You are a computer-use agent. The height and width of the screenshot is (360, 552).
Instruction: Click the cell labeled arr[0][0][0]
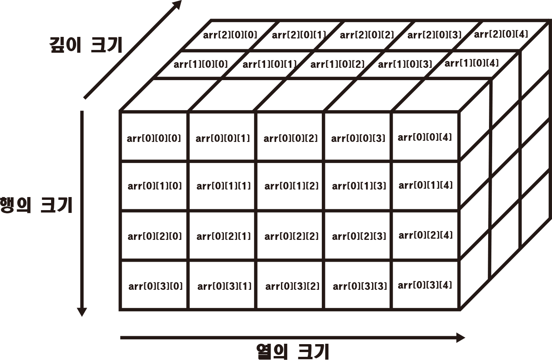tap(154, 138)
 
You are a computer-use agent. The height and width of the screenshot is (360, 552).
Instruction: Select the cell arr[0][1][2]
tap(291, 186)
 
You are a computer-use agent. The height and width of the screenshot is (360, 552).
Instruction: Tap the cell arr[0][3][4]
tap(425, 285)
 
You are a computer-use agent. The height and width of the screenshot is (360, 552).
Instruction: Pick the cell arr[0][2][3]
tap(359, 236)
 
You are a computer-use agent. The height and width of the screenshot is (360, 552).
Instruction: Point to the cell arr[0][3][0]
tap(155, 286)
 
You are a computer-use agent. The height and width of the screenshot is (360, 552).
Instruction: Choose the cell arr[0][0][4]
tap(425, 137)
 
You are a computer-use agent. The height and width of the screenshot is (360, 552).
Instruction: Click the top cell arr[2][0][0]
tap(230, 35)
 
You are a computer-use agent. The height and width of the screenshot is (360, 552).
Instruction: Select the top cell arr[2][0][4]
tap(501, 34)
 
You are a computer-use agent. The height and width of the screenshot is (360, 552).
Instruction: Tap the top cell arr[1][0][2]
tap(337, 64)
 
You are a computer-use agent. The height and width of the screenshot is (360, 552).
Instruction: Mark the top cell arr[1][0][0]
tap(201, 64)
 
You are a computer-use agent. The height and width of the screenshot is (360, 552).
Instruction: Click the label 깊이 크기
tap(86, 45)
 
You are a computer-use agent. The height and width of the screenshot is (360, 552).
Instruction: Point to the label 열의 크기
tap(292, 351)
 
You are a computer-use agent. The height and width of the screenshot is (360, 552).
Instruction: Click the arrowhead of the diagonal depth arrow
tap(177, 5)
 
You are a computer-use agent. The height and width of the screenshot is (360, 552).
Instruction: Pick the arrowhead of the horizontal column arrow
tap(460, 338)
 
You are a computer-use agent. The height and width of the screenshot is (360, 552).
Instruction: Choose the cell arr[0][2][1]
tap(223, 236)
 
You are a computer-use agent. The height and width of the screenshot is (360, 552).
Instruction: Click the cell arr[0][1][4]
tap(426, 185)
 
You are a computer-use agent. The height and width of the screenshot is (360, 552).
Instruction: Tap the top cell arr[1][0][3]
tap(405, 64)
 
